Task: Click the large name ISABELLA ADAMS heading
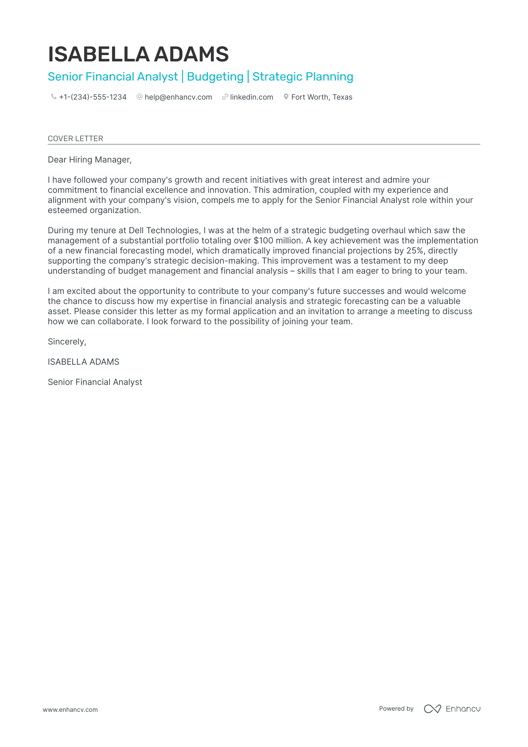coord(138,54)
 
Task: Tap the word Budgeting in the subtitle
coord(215,77)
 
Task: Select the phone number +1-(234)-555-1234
coord(93,97)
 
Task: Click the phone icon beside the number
coord(54,97)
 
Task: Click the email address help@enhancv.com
coord(178,97)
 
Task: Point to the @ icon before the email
coord(140,97)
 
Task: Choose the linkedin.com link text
coord(251,97)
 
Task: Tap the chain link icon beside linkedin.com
coord(225,97)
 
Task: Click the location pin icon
coord(286,97)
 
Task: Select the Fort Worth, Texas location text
coord(322,97)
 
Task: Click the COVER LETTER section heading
coord(75,139)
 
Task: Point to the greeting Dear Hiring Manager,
coord(89,160)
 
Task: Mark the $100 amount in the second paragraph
coord(263,241)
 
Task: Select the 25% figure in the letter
coord(415,251)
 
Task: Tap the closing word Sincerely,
coord(67,342)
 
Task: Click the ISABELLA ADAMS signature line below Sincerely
coord(84,362)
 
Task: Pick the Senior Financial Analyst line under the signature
coord(95,382)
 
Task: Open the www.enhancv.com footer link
coord(70,710)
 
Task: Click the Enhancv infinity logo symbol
coord(432,709)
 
